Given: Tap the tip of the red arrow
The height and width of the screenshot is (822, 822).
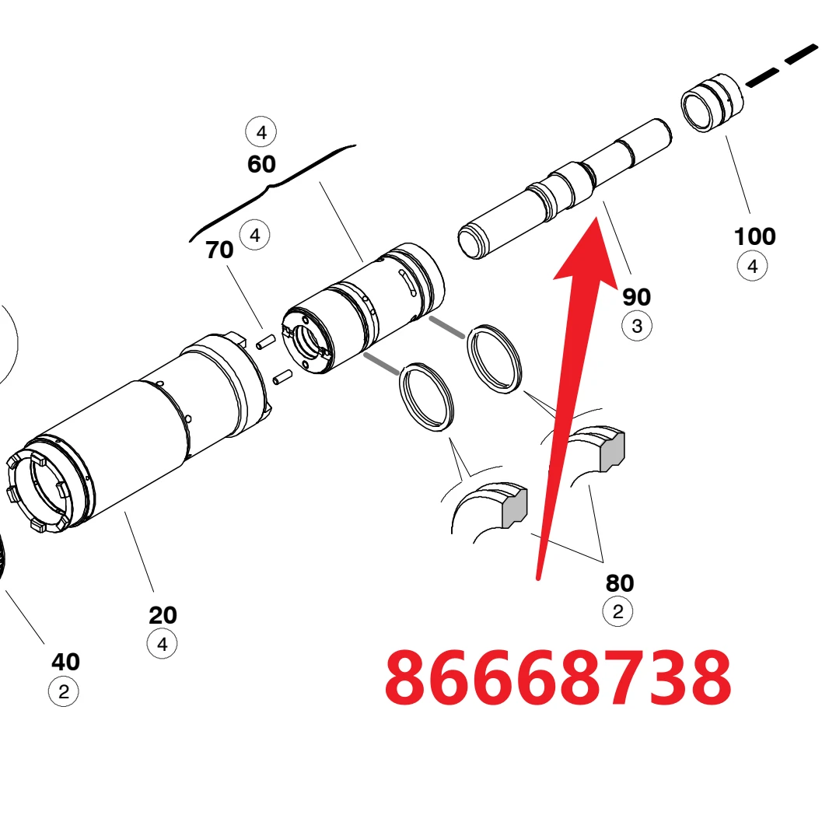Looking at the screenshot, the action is coord(596,217).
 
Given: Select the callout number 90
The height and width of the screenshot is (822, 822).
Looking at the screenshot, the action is coord(636,297).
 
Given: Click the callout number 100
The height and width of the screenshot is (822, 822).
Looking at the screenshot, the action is coord(754,236).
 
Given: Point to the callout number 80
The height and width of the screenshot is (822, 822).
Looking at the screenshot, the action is coord(619,583).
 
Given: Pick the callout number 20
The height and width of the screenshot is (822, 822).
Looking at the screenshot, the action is coord(163,615).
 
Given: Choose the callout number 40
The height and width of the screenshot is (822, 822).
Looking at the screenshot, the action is coord(65,662).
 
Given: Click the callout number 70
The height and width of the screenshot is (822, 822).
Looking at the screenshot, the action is coord(219,250).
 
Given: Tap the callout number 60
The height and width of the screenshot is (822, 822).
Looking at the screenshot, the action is coord(261,164).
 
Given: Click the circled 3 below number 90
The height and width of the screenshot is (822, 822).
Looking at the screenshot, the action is coord(637,326).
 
